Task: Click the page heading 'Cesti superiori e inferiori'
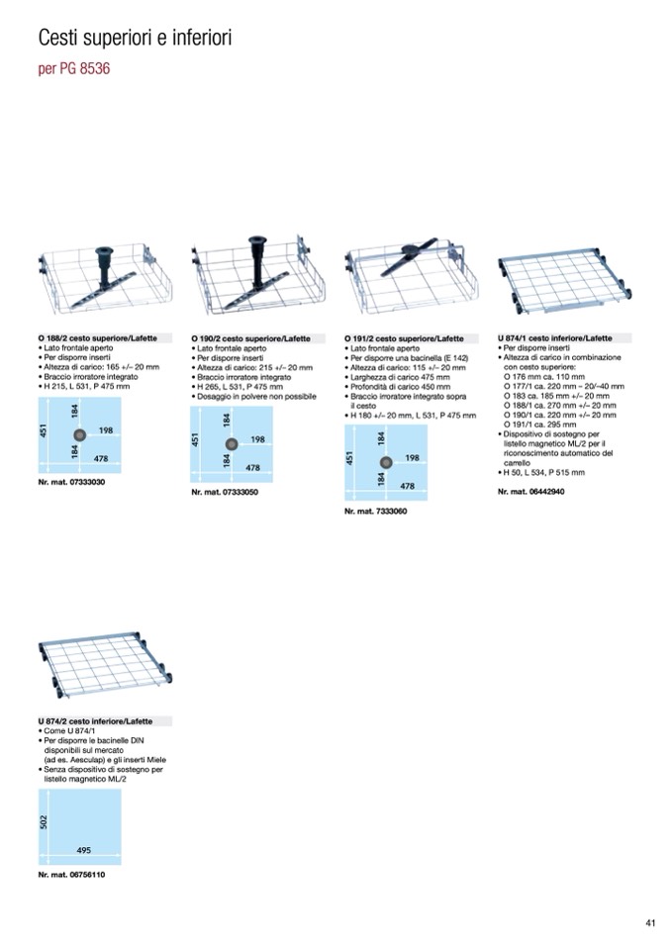tap(135, 38)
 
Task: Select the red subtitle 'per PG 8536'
tap(74, 68)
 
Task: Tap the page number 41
tap(650, 923)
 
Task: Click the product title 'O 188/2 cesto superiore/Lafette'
tap(97, 338)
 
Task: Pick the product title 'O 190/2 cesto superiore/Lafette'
tap(250, 338)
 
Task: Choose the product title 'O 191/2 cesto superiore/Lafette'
tap(404, 338)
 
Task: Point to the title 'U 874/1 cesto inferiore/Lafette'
tap(555, 338)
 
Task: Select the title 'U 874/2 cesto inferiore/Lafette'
tap(95, 721)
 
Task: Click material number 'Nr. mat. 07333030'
tap(71, 482)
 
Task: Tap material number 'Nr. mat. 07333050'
tap(225, 492)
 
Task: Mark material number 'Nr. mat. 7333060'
tap(376, 512)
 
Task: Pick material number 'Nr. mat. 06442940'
tap(531, 492)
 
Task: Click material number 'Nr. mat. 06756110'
tap(71, 875)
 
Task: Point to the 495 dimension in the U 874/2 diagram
tap(83, 850)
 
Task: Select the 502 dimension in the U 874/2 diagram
tap(44, 822)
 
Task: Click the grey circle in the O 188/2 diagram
tap(78, 434)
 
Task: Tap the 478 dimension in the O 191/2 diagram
tap(407, 486)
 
